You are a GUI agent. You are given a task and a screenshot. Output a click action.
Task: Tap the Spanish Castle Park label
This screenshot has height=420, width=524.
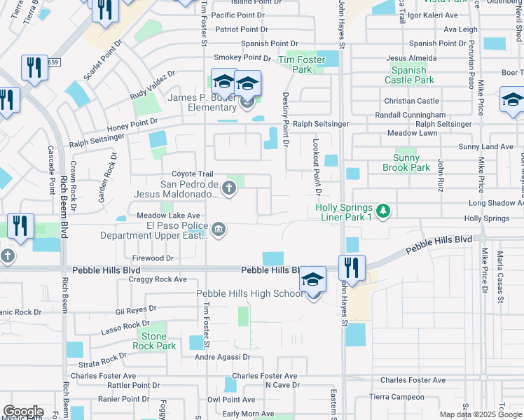[409, 75]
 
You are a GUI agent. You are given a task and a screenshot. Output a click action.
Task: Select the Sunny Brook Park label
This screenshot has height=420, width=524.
[406, 163]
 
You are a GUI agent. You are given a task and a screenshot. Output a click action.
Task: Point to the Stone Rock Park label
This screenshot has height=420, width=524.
[154, 342]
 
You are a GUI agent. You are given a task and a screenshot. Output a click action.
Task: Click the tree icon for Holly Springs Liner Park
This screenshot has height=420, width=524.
[382, 210]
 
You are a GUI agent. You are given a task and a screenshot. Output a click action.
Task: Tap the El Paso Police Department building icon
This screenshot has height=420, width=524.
[219, 230]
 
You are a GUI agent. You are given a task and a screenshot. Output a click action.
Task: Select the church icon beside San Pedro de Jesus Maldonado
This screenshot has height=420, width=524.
[228, 188]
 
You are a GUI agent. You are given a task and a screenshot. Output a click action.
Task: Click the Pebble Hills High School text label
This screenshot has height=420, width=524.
[249, 293]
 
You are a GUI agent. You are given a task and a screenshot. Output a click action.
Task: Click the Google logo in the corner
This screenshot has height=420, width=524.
[22, 412]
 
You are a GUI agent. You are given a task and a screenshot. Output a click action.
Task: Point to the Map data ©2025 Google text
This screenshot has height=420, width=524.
[480, 414]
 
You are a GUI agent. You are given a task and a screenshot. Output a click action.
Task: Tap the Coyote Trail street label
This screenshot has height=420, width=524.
[192, 174]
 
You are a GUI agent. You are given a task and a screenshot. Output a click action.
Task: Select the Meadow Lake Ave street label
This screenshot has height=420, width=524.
[169, 216]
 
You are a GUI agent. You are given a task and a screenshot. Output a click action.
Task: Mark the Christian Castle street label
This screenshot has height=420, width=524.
[411, 101]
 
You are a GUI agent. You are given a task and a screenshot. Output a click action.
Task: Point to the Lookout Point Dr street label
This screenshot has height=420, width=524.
[317, 167]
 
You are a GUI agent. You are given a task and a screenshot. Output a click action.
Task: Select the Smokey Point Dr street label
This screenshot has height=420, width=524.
[242, 57]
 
